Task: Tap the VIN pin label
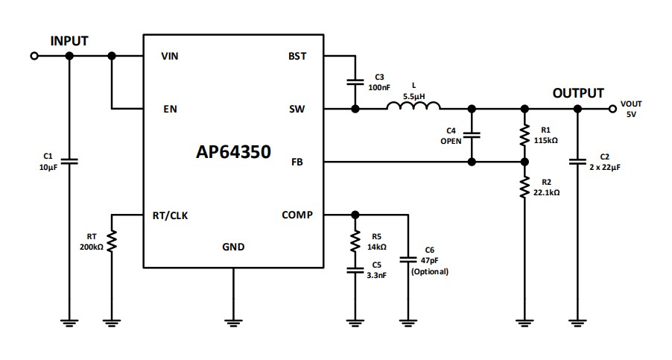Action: pos(170,56)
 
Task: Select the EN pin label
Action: pos(170,109)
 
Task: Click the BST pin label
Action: pos(297,56)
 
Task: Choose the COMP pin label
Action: pos(297,215)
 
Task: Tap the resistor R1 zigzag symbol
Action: pos(524,135)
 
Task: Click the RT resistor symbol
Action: pos(112,241)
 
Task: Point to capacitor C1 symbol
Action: pos(69,161)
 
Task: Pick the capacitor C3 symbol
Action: pos(355,82)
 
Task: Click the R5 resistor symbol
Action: pos(355,241)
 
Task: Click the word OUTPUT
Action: pos(578,93)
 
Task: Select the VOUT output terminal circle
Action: pos(612,109)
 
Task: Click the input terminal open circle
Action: pos(34,56)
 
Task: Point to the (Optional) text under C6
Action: pos(430,272)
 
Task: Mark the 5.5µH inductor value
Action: pos(413,96)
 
